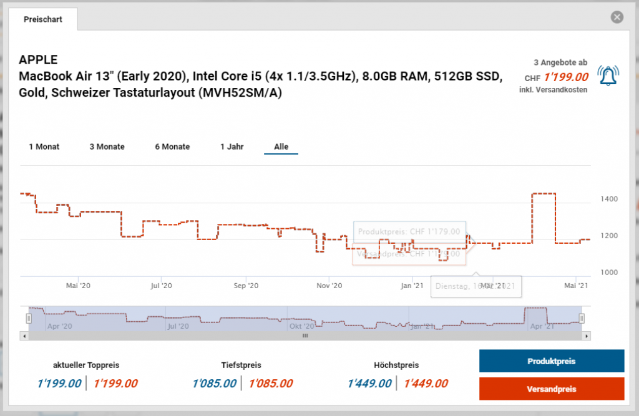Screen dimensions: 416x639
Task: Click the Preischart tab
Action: click(x=42, y=19)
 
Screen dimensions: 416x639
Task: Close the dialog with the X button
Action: click(x=617, y=17)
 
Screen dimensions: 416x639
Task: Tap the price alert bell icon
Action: click(x=608, y=76)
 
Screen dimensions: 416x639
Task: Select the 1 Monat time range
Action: click(x=44, y=147)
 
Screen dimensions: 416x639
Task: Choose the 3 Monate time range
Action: click(x=107, y=147)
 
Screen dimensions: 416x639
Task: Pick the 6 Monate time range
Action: click(x=172, y=147)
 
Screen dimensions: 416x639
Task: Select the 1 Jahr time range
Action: click(x=232, y=147)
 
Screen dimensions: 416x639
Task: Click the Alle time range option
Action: click(x=281, y=147)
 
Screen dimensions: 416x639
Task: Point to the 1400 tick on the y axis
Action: click(x=608, y=199)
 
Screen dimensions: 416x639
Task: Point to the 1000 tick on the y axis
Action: click(x=608, y=273)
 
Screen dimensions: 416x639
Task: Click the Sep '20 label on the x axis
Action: click(x=246, y=286)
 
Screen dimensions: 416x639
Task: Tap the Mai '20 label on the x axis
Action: click(x=78, y=286)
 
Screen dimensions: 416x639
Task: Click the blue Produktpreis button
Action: click(x=551, y=361)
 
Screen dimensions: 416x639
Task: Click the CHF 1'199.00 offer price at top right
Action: click(x=566, y=77)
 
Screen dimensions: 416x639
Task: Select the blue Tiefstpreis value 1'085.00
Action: click(x=215, y=384)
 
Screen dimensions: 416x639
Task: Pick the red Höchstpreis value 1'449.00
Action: click(x=426, y=384)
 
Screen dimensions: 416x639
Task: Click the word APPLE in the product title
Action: click(x=38, y=60)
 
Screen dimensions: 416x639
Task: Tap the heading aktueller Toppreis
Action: click(x=86, y=365)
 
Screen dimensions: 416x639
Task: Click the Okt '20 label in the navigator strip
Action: click(x=303, y=326)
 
